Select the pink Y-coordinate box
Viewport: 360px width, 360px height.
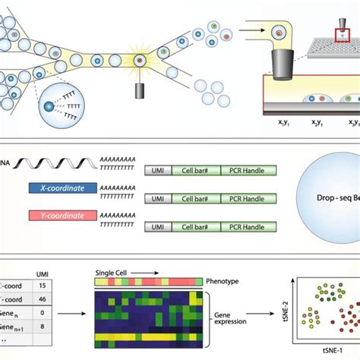point(62,216)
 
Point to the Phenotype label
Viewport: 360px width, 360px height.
point(227,281)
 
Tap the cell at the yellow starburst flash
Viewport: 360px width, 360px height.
point(140,59)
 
